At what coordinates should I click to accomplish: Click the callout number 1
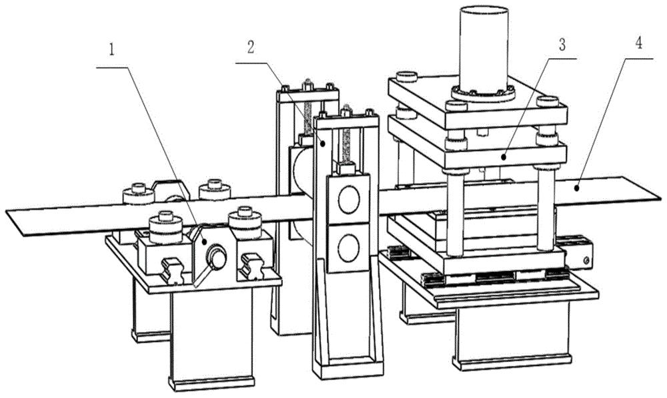pyautogui.click(x=111, y=50)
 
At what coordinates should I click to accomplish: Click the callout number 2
pyautogui.click(x=251, y=47)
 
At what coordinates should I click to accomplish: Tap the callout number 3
pyautogui.click(x=562, y=44)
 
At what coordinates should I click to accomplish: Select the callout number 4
pyautogui.click(x=638, y=43)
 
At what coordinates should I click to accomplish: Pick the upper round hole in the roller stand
pyautogui.click(x=349, y=199)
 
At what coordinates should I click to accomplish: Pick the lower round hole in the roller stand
pyautogui.click(x=349, y=247)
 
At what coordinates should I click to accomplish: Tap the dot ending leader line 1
pyautogui.click(x=205, y=242)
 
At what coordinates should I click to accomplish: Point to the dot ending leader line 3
pyautogui.click(x=503, y=157)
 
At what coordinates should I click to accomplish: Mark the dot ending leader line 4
pyautogui.click(x=577, y=187)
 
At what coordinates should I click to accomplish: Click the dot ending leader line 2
pyautogui.click(x=323, y=144)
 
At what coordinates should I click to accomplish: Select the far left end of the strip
pyautogui.click(x=6, y=211)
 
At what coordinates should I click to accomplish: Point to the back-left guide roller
pyautogui.click(x=138, y=194)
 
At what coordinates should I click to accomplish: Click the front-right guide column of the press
pyautogui.click(x=546, y=211)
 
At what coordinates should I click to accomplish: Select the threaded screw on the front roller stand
pyautogui.click(x=347, y=145)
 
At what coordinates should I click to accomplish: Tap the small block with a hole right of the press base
pyautogui.click(x=576, y=255)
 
